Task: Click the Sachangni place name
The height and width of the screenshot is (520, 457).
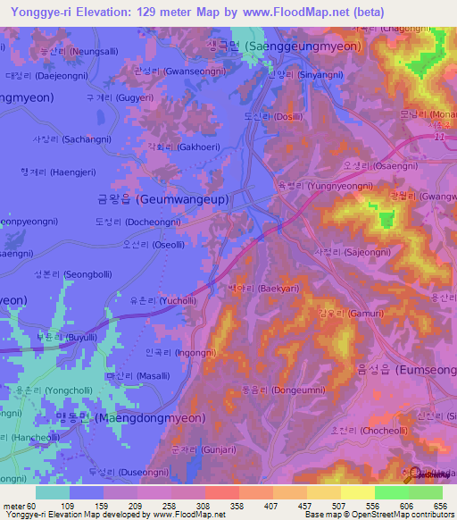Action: [74, 140]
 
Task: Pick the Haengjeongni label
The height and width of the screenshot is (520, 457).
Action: [63, 172]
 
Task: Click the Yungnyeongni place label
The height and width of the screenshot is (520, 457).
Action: [327, 186]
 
